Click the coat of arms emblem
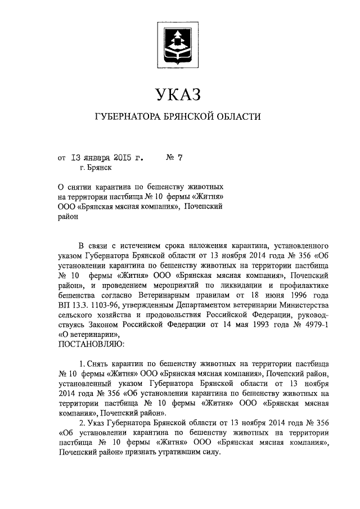tap(178, 46)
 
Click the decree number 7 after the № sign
tap(180, 157)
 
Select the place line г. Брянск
tap(96, 168)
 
